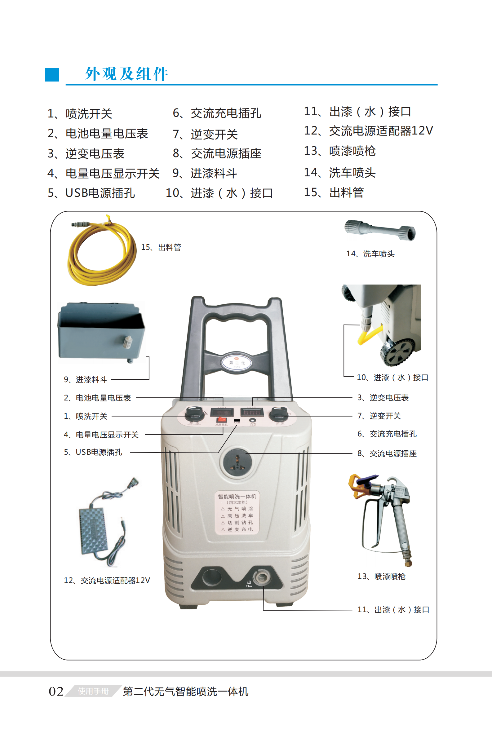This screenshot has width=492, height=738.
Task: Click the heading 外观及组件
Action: (126, 74)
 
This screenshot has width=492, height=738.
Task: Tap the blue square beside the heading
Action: (52, 75)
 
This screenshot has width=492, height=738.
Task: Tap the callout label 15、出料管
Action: (161, 247)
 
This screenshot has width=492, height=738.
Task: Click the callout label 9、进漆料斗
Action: (85, 380)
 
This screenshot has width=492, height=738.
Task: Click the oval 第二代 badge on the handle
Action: (237, 363)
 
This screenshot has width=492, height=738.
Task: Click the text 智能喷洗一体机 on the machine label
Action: (237, 497)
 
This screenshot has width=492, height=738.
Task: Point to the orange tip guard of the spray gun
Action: (358, 485)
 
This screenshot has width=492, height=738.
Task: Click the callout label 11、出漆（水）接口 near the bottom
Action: (393, 610)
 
